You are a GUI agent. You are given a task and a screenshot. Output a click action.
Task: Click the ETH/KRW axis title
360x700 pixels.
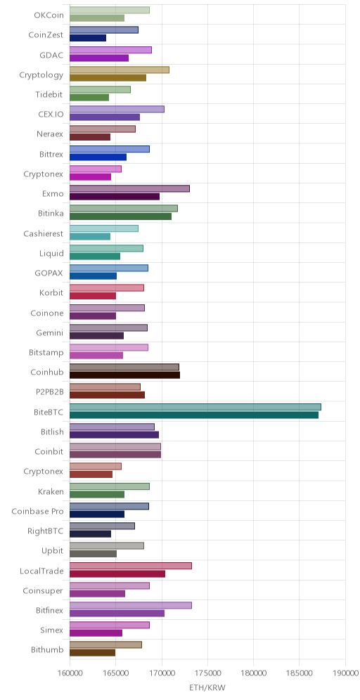[x=207, y=687]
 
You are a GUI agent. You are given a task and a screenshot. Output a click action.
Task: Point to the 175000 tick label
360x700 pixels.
[x=207, y=673]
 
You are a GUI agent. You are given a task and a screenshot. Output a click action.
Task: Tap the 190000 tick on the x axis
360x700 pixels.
[x=345, y=673]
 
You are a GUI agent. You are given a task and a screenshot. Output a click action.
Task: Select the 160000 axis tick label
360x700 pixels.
[x=70, y=673]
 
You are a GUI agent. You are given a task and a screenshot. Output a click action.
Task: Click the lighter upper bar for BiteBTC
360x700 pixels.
[x=195, y=407]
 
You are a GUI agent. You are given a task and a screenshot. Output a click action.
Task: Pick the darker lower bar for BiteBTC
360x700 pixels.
[x=194, y=415]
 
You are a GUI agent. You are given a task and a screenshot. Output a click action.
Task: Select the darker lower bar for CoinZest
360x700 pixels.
[x=88, y=38]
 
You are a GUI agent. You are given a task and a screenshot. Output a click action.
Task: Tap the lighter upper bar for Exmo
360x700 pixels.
[x=129, y=188]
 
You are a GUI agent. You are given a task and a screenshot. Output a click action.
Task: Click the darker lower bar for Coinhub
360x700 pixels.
[x=124, y=375]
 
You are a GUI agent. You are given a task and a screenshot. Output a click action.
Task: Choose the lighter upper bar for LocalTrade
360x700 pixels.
[x=130, y=566]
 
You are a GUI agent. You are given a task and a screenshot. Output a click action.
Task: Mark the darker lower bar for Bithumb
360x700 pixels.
[x=92, y=653]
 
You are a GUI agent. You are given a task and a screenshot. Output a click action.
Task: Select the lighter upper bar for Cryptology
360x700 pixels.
[x=120, y=70]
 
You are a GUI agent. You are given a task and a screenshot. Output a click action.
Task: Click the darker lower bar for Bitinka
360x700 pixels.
[x=121, y=216]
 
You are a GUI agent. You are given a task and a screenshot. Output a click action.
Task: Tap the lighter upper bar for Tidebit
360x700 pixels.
[x=100, y=89]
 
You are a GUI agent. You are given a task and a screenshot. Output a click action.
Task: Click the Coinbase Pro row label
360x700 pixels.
[x=37, y=511]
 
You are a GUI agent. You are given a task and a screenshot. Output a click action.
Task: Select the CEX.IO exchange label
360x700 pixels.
[x=51, y=115]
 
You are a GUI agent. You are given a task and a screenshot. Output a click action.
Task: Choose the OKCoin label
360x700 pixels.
[x=49, y=15]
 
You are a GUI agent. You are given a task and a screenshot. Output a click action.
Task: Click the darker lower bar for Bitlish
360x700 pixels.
[x=115, y=435]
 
